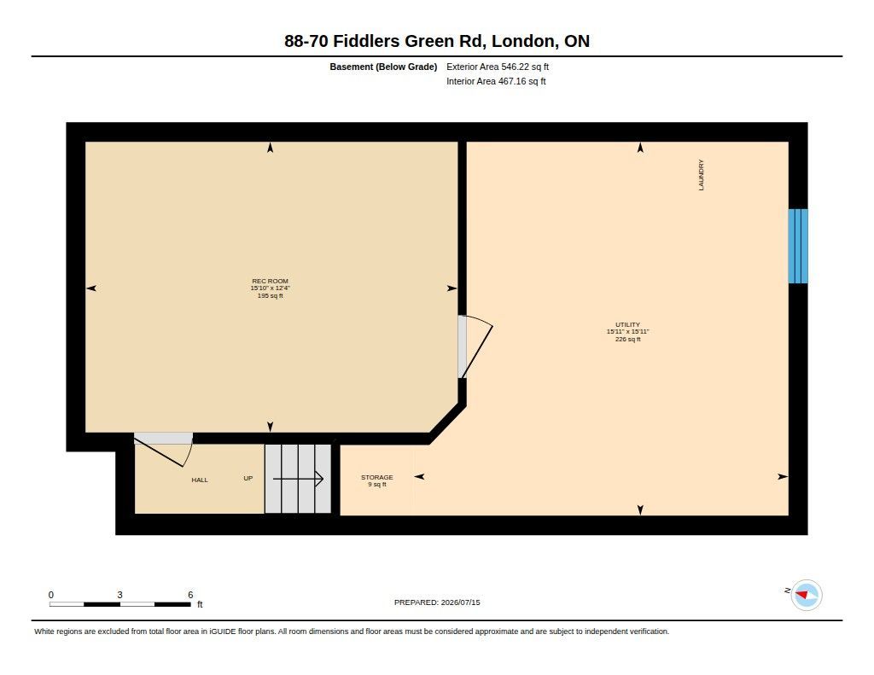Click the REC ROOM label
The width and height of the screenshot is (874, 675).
[x=270, y=281]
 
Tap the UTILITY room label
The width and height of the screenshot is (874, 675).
[x=627, y=324]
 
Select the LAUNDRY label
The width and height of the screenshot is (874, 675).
[x=702, y=175]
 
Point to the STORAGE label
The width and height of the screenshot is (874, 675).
[x=376, y=477]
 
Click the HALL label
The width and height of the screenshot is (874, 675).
[x=200, y=480]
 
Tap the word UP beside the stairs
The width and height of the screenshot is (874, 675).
[x=248, y=478]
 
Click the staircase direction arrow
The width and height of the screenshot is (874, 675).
[x=298, y=479]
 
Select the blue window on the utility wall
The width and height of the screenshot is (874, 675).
[x=798, y=246]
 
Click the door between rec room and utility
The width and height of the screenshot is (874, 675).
[x=475, y=346]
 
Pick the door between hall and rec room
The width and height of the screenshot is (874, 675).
[x=163, y=449]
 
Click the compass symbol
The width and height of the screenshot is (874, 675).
[x=807, y=596]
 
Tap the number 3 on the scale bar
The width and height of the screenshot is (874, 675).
[x=119, y=595]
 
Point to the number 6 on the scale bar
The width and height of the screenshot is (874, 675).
[x=190, y=595]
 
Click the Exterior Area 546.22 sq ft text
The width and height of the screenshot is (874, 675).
[x=498, y=67]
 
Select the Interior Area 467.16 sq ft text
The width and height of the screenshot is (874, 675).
[x=496, y=81]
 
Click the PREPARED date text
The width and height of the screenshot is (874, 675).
[x=437, y=602]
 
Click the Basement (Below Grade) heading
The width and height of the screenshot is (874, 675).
[x=383, y=67]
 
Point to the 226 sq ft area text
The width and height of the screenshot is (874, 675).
[x=627, y=339]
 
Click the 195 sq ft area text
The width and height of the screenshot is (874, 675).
[x=270, y=296]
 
